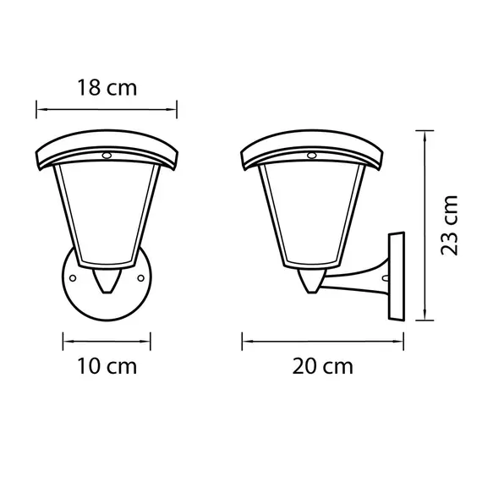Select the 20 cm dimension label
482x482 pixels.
[x=323, y=366]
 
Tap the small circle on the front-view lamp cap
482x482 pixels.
[x=107, y=156]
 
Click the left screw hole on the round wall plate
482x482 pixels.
[x=74, y=277]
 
